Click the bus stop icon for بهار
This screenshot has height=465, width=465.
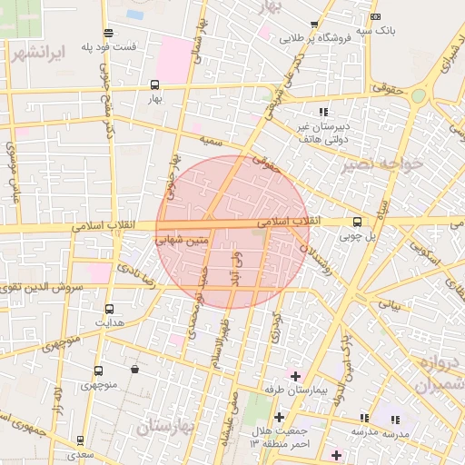click(x=154, y=85)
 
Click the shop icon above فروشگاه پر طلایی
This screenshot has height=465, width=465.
click(x=314, y=25)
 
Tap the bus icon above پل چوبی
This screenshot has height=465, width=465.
click(x=356, y=221)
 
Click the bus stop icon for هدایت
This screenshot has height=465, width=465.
click(x=110, y=309)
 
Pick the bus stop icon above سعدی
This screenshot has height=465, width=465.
click(x=81, y=440)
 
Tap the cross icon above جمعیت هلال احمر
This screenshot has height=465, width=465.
click(x=279, y=417)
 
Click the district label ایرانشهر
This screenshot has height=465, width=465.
click(x=39, y=52)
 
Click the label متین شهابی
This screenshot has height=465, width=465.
click(x=183, y=242)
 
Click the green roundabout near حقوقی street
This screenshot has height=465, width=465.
click(x=418, y=95)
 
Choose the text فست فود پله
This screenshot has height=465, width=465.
click(x=108, y=46)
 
